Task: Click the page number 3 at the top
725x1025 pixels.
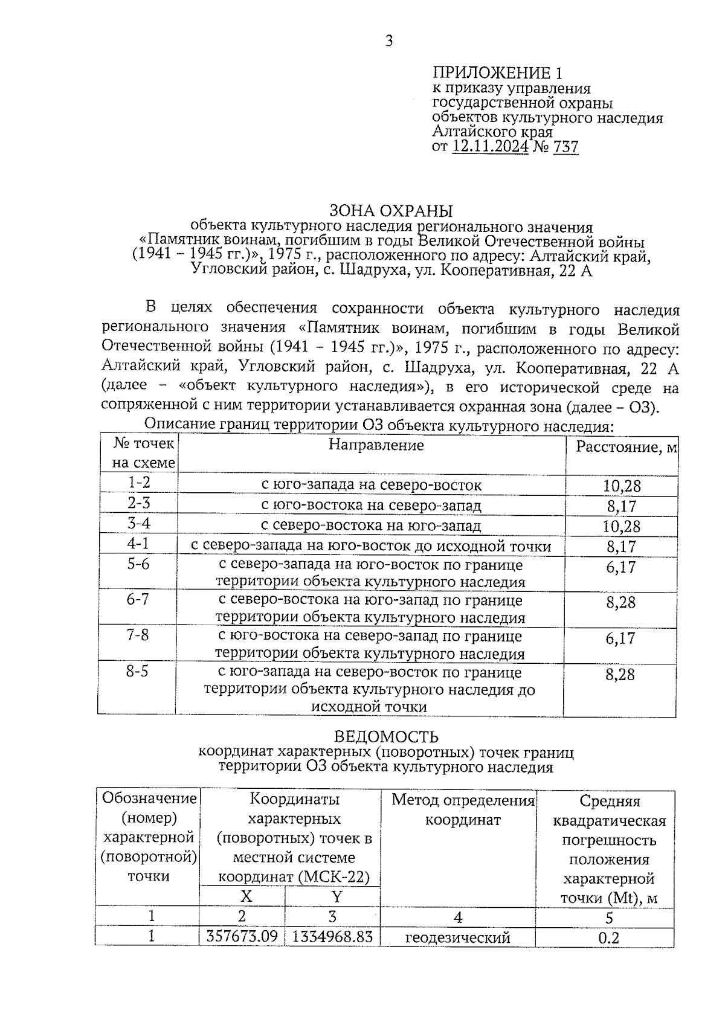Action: coord(389,41)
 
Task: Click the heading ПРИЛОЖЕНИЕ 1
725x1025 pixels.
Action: coord(497,74)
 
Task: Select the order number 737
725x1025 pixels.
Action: coord(565,147)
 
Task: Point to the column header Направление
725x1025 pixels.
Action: coord(376,445)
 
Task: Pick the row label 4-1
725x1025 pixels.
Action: coord(138,544)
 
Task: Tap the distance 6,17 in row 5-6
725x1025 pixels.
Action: coord(621,567)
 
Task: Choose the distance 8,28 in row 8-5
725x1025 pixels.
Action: coord(620,674)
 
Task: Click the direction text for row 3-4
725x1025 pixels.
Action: coord(371,525)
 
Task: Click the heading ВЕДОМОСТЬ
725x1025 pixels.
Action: coord(386,737)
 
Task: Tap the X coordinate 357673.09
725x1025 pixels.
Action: coord(242,937)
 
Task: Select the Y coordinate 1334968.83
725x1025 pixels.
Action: coord(332,937)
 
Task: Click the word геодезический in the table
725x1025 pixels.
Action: coord(457,937)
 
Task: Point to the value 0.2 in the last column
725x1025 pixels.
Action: coord(608,937)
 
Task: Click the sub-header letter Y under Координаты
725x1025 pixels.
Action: coord(337,896)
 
